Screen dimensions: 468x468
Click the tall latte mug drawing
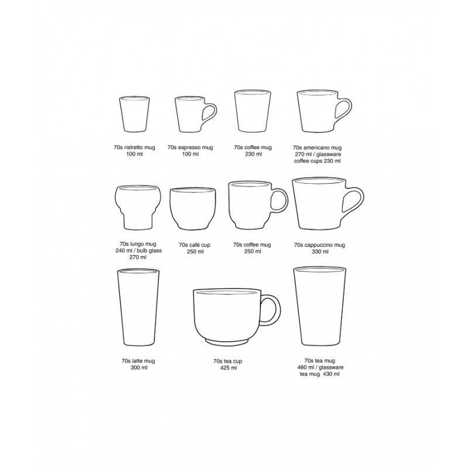pyautogui.click(x=138, y=308)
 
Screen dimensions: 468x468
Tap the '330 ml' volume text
pyautogui.click(x=321, y=251)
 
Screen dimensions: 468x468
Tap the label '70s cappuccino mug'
pyautogui.click(x=321, y=245)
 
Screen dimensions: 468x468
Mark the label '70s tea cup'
pyautogui.click(x=229, y=362)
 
